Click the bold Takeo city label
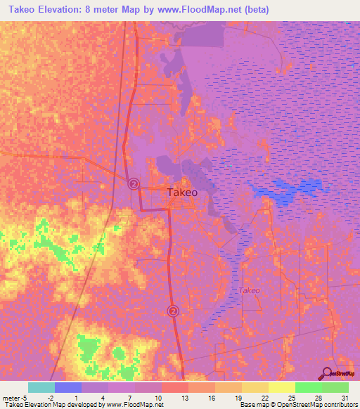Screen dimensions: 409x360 point(181,191)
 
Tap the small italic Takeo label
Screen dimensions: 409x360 point(249,290)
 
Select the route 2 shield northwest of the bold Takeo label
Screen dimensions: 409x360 point(134,183)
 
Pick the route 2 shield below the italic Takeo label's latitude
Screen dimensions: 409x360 point(173,310)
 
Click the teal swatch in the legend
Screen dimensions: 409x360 point(41,387)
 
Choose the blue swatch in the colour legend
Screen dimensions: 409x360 point(68,387)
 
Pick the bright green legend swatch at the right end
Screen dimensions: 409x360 point(335,387)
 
